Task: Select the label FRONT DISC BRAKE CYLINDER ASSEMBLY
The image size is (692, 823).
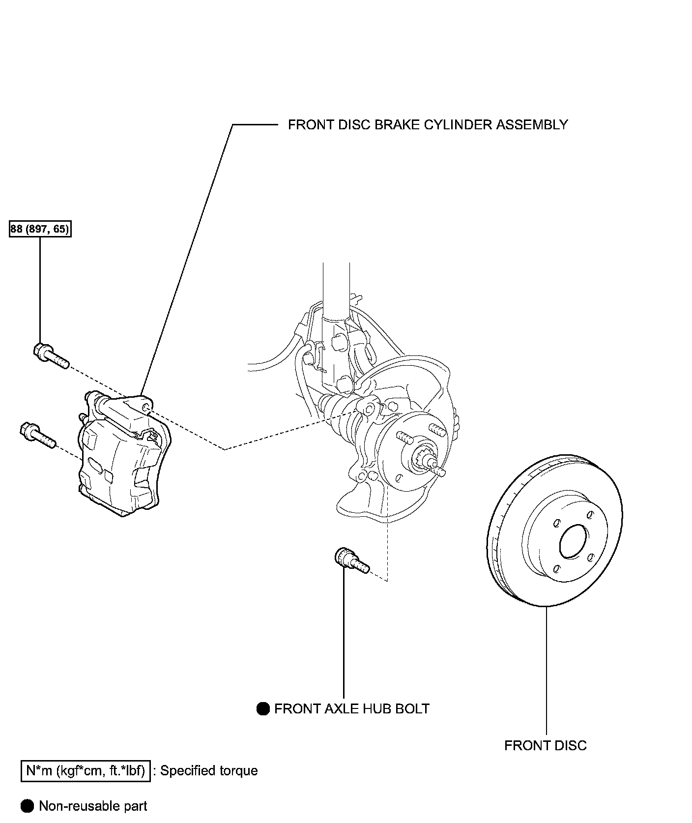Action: click(x=428, y=125)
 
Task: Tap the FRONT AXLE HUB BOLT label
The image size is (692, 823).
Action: click(x=352, y=708)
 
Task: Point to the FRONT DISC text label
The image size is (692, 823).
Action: click(x=546, y=746)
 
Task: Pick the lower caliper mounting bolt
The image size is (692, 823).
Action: click(x=38, y=436)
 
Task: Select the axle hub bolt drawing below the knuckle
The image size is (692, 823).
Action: click(x=351, y=561)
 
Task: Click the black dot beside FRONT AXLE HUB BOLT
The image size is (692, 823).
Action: click(x=263, y=708)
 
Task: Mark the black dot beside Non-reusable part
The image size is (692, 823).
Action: click(x=28, y=806)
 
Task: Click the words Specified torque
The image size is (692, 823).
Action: click(x=209, y=771)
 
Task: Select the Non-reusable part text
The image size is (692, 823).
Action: click(x=93, y=806)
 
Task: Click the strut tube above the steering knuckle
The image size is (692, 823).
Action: click(x=336, y=290)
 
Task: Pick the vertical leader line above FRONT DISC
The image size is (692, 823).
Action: click(x=547, y=671)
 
